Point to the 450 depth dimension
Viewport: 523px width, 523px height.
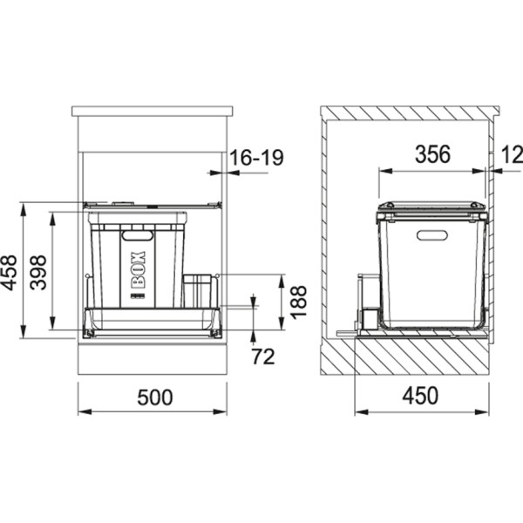click(x=420, y=397)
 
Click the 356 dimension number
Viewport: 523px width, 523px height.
click(x=431, y=155)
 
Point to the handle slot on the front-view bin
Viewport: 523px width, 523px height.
click(x=136, y=234)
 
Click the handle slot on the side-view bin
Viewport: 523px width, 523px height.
click(x=431, y=234)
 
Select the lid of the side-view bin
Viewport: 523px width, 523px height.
click(x=431, y=207)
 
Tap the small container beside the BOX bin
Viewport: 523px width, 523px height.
click(x=198, y=291)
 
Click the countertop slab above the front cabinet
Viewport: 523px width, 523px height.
click(x=153, y=112)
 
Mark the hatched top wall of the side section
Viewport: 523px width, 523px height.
click(x=410, y=114)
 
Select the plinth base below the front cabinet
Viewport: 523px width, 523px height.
click(x=153, y=357)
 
